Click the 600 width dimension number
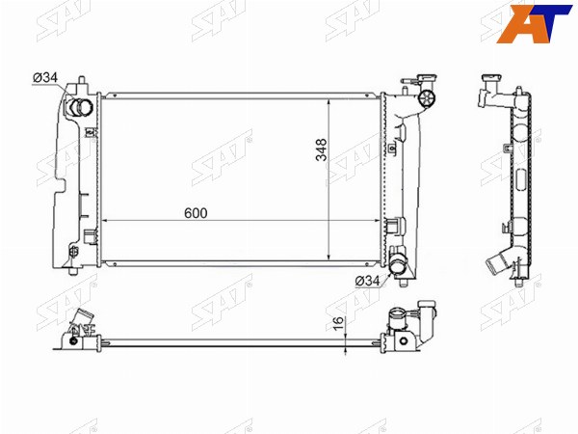tap(196, 213)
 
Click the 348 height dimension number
tap(322, 149)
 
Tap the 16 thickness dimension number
tap(338, 322)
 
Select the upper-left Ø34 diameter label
tap(45, 77)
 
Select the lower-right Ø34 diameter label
tap(367, 281)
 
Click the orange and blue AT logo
tap(533, 23)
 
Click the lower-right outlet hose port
tap(398, 266)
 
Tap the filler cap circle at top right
tap(427, 98)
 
